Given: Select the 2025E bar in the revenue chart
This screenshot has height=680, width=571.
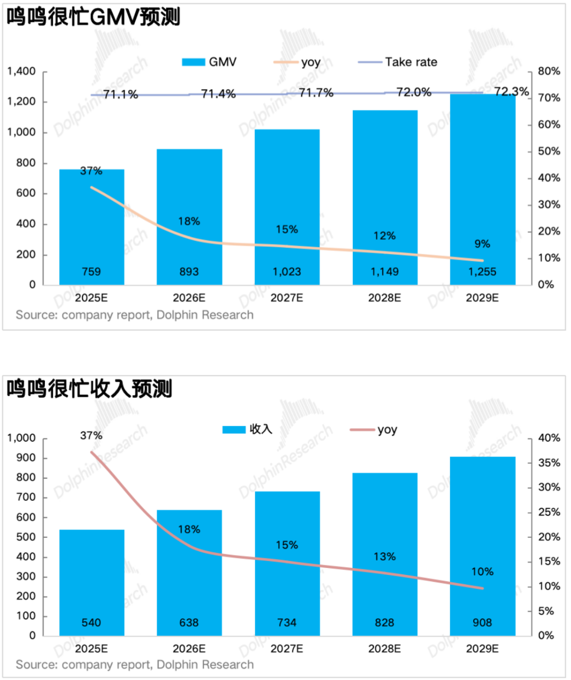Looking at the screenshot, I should [91, 581].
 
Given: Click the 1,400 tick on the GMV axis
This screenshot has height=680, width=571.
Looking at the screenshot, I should [22, 71].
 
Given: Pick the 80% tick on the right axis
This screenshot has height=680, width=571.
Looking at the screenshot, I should [549, 71].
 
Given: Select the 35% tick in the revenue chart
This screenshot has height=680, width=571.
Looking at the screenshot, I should [549, 463].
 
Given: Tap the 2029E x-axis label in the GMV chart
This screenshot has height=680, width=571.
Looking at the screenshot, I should [482, 298].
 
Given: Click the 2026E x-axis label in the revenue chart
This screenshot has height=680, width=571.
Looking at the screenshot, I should [189, 649].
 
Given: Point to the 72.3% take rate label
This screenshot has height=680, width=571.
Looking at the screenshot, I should [511, 91].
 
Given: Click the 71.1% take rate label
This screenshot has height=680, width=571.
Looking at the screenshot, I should [121, 95].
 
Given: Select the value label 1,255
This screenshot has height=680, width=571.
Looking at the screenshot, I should [482, 272].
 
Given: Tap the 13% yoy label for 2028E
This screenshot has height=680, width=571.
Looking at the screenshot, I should [384, 557].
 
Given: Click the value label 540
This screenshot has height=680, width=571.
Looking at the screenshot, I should [91, 623].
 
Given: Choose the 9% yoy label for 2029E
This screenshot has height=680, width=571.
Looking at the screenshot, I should [482, 244].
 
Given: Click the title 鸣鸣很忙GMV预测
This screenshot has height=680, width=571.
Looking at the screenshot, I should [94, 17].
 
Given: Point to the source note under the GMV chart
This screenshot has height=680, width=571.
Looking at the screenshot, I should [135, 315].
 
